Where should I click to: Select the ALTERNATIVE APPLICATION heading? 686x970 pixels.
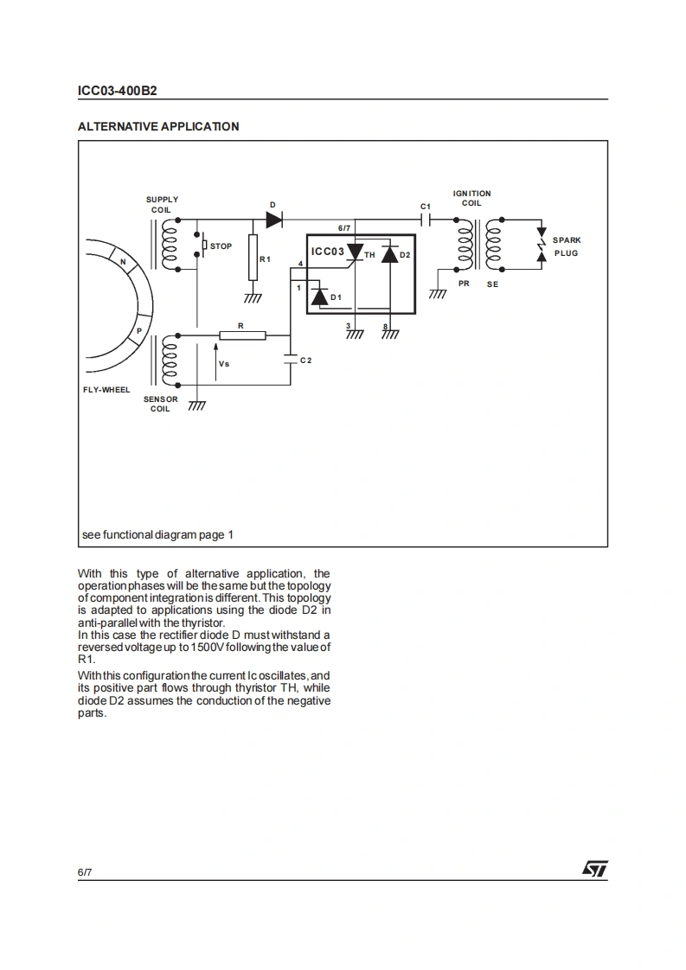pos(158,126)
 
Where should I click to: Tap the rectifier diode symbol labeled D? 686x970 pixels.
pos(274,220)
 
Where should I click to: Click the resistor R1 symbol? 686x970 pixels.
pos(253,258)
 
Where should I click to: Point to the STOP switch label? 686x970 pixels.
pos(221,246)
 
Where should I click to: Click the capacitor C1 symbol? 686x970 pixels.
pos(425,220)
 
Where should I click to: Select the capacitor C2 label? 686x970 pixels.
pos(305,360)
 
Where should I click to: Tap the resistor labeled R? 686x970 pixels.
pos(242,335)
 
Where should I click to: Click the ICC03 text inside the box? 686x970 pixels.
pos(328,252)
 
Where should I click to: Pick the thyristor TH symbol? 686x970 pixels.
pos(354,252)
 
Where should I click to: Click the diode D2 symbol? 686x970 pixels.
pos(388,254)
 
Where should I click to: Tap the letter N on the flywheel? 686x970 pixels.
pos(123,263)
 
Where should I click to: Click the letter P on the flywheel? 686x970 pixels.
pos(138,333)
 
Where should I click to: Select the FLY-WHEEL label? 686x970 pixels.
pos(106,390)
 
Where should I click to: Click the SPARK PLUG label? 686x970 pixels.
pos(567,246)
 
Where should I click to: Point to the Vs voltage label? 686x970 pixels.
pos(224,364)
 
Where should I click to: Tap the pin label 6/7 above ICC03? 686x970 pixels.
pos(343,228)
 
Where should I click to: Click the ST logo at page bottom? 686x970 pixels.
pos(595,868)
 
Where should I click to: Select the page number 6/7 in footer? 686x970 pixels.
pos(85,872)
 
